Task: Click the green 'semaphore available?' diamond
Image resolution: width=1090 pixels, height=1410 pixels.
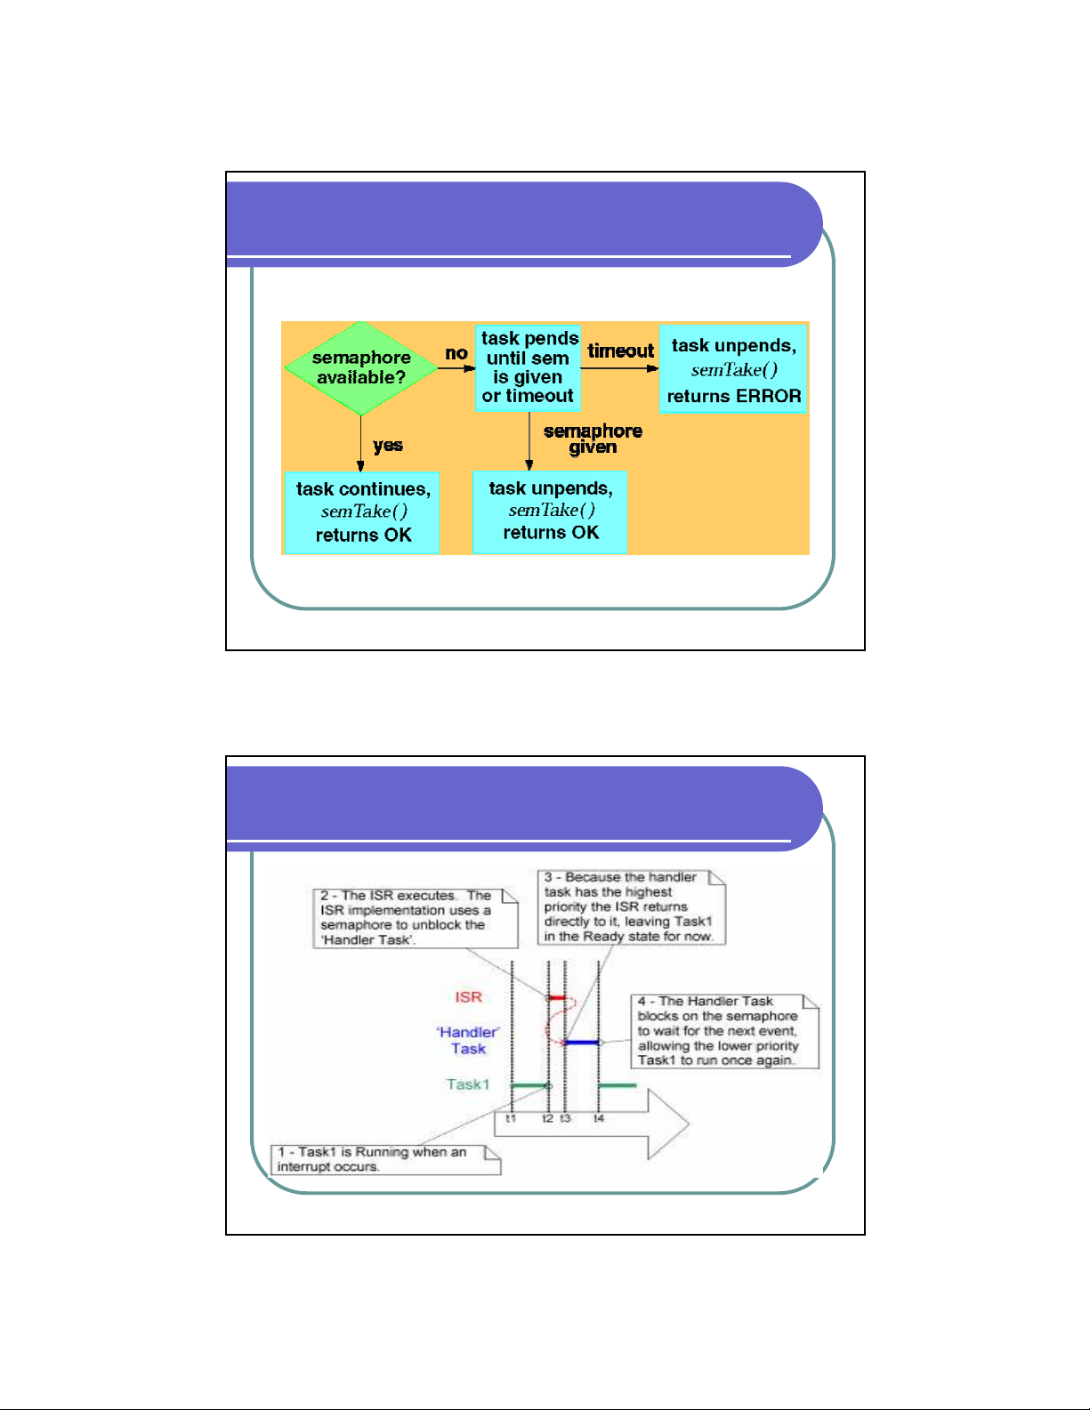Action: [x=360, y=367]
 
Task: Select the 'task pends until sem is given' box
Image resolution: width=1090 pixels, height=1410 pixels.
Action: [x=528, y=367]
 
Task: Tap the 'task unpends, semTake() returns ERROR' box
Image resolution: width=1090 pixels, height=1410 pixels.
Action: [x=733, y=370]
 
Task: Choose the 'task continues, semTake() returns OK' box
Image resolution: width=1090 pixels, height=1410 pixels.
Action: [x=362, y=512]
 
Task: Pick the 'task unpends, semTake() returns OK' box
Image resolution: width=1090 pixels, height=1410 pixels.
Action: [x=550, y=512]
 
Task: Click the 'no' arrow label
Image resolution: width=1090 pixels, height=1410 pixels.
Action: [x=456, y=353]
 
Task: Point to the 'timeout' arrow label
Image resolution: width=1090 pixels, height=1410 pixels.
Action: [x=620, y=351]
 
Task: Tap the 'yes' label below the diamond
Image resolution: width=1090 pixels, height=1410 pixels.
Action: [x=388, y=445]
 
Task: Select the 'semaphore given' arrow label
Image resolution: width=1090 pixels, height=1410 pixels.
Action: [x=593, y=439]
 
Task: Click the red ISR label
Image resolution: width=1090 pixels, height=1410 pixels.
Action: [x=468, y=997]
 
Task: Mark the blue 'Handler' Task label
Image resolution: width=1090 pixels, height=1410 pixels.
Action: [x=468, y=1040]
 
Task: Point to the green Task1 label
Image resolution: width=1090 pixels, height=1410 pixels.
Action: [x=468, y=1084]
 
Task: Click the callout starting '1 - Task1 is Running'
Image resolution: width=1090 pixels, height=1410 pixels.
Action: [x=385, y=1159]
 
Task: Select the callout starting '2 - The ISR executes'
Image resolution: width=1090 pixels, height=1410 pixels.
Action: [x=418, y=918]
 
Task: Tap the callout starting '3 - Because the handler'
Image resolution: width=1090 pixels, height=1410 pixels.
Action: [x=631, y=906]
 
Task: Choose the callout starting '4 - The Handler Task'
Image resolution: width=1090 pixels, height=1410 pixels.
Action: [x=723, y=1031]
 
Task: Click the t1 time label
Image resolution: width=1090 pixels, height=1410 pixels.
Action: [x=511, y=1118]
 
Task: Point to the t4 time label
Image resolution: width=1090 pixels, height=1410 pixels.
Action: [x=599, y=1118]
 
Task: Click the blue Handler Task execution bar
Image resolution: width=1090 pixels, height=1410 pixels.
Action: [x=582, y=1042]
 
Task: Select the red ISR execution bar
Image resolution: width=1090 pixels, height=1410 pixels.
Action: [x=557, y=998]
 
